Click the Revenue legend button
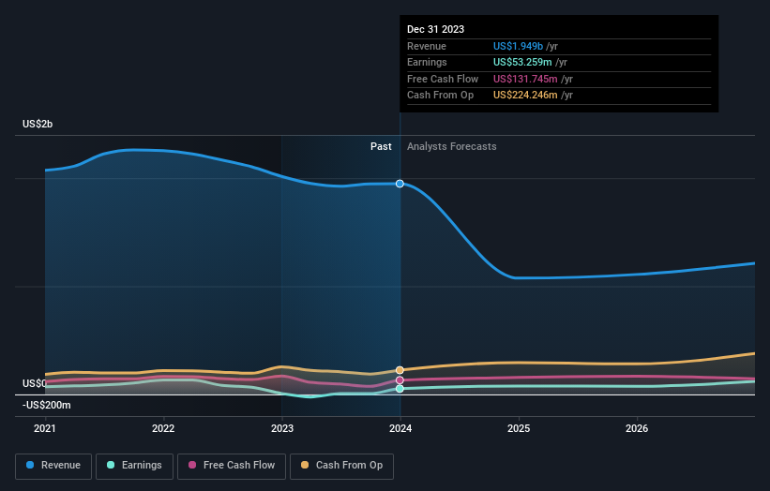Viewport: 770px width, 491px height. pyautogui.click(x=53, y=465)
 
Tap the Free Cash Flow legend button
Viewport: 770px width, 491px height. pyautogui.click(x=232, y=465)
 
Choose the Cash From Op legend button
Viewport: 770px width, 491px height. pyautogui.click(x=342, y=465)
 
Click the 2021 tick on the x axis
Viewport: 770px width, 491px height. pyautogui.click(x=45, y=429)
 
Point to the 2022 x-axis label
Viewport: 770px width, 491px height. pyautogui.click(x=163, y=429)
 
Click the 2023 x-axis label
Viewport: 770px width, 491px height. pyautogui.click(x=281, y=429)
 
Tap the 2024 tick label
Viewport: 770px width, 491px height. pyautogui.click(x=400, y=429)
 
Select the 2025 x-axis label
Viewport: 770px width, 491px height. pyautogui.click(x=519, y=429)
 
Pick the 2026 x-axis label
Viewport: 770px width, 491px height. pyautogui.click(x=637, y=429)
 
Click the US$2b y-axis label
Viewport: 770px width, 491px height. pyautogui.click(x=38, y=125)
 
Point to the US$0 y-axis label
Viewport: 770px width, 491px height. pyautogui.click(x=35, y=384)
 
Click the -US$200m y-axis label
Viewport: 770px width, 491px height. pyautogui.click(x=47, y=405)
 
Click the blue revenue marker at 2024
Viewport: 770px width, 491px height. pyautogui.click(x=400, y=184)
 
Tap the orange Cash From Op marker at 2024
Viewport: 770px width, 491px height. pyautogui.click(x=400, y=370)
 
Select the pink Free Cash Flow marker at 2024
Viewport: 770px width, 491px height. pyautogui.click(x=400, y=380)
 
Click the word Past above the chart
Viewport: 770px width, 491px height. pyautogui.click(x=381, y=146)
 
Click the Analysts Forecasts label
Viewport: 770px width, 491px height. pyautogui.click(x=451, y=146)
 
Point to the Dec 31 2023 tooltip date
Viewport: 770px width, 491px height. pyautogui.click(x=435, y=30)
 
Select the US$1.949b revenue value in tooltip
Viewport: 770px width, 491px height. pyautogui.click(x=525, y=46)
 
